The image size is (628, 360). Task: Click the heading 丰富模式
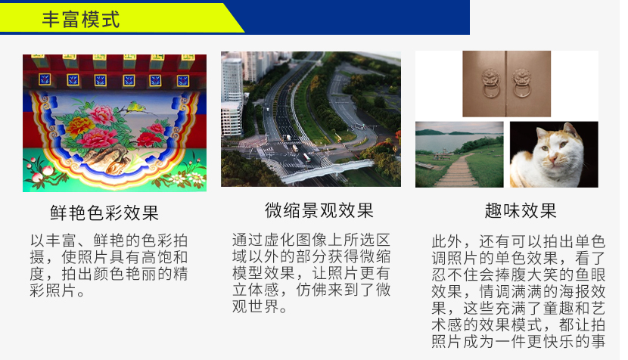point(81,19)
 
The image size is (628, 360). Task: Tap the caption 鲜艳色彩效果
point(104,213)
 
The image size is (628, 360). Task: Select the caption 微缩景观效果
point(319,211)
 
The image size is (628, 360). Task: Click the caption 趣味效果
point(521,211)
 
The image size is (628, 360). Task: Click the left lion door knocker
point(490,82)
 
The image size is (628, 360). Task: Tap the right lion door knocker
point(522,82)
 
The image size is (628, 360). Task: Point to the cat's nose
point(554,160)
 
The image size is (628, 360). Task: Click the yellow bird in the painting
point(133,107)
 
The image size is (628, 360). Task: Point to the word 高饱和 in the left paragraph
point(164,257)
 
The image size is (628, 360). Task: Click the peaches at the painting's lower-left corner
point(39,172)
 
